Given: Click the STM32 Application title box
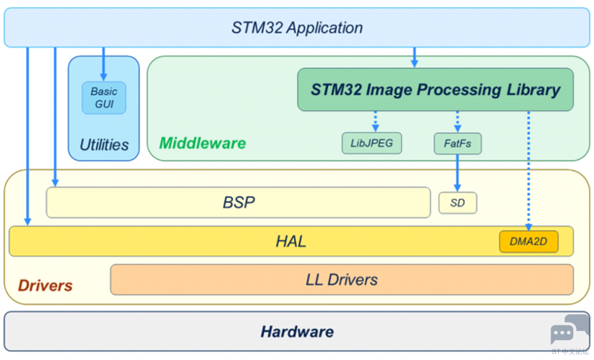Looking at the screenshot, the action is (x=297, y=28).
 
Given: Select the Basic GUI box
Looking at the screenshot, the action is (x=104, y=98).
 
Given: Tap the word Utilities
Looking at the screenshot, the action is (x=104, y=145).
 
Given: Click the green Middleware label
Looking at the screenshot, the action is (x=202, y=143).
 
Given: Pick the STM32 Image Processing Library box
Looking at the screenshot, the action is (x=435, y=90).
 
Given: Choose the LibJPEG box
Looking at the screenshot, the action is (x=372, y=143).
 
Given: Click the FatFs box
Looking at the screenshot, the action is (x=458, y=144).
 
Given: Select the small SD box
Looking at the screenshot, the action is (x=458, y=203).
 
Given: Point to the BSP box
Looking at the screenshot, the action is (x=238, y=203).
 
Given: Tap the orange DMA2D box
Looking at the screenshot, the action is (x=529, y=242).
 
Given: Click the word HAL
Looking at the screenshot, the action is (x=291, y=242).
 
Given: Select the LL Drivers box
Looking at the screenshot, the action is (x=342, y=280).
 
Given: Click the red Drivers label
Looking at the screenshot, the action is (x=45, y=286).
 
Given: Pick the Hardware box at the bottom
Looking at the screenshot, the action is (x=297, y=331).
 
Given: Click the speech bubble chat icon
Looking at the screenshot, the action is (x=570, y=330).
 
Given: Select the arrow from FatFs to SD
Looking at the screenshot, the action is (x=457, y=173).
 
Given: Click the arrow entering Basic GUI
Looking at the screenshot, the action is (x=103, y=64).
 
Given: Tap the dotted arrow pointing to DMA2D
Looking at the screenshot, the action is (x=529, y=171).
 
